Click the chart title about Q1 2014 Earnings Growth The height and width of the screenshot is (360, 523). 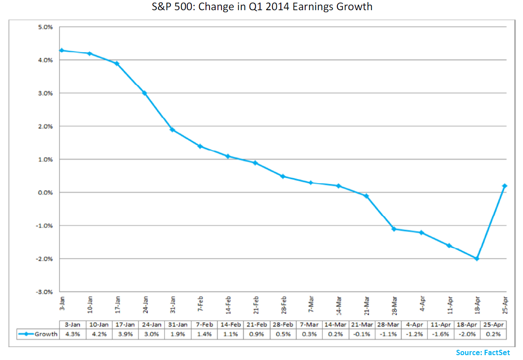coord(261,7)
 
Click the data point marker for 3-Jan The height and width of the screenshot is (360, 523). coord(62,50)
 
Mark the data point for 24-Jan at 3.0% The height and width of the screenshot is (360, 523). coord(144,93)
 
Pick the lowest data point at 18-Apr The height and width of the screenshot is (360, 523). coord(477,259)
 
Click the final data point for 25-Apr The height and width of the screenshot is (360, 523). coord(504,186)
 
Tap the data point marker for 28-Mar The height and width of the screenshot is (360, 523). coord(394,229)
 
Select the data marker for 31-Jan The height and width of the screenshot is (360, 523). coord(172,130)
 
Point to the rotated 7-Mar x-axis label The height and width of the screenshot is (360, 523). coord(311,305)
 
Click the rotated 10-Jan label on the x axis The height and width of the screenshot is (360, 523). coord(90,305)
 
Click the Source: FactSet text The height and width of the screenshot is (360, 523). coord(483,352)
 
